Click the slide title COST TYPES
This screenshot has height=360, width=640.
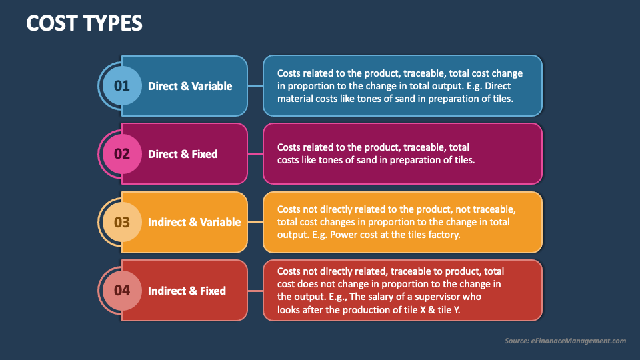coord(84,23)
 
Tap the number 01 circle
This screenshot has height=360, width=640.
coord(121,85)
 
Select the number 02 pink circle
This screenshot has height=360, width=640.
coord(121,153)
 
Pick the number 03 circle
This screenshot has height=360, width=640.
coord(121,222)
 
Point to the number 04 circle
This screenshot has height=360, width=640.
coord(121,290)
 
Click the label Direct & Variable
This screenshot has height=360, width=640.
coord(190,86)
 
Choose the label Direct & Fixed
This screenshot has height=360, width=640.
coord(183,154)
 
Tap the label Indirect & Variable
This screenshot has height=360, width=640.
coord(194,222)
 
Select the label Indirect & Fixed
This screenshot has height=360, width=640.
coord(187,291)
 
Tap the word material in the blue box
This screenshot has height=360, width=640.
coord(295,99)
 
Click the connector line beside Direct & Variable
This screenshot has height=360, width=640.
coord(255,85)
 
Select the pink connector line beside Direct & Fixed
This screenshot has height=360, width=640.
coord(255,153)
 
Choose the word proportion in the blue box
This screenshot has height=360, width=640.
coord(313,86)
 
